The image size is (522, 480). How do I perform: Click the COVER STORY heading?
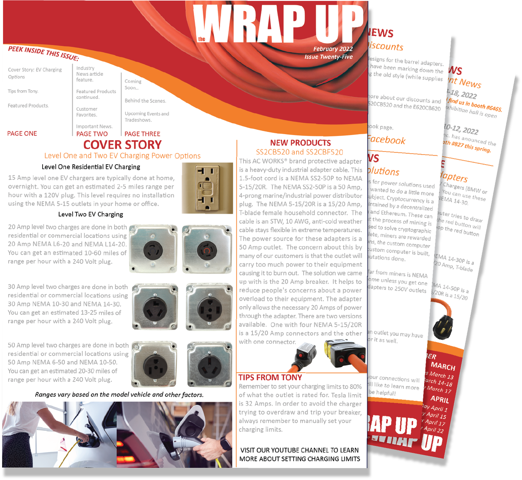tap(122, 145)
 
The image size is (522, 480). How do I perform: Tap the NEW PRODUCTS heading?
tap(300, 143)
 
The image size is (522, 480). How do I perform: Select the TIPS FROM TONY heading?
tap(270, 378)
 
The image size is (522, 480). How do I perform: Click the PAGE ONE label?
tap(22, 134)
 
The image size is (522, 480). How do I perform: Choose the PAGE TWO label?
tap(92, 134)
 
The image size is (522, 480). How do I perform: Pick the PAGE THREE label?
tap(142, 134)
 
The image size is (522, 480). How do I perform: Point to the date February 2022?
tap(333, 49)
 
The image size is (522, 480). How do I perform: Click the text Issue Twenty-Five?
tap(328, 57)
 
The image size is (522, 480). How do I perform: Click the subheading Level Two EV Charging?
tap(90, 214)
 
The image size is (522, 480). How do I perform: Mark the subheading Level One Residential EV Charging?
tap(90, 167)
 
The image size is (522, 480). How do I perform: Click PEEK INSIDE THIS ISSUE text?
tap(43, 54)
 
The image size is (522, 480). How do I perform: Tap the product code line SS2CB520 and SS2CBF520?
tap(299, 152)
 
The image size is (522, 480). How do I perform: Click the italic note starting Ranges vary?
tap(119, 395)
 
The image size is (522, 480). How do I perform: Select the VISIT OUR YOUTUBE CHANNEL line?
tap(299, 450)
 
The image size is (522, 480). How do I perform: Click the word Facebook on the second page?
tap(386, 140)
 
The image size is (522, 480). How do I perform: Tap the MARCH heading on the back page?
tap(443, 366)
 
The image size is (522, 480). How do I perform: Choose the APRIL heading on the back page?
tap(439, 399)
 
